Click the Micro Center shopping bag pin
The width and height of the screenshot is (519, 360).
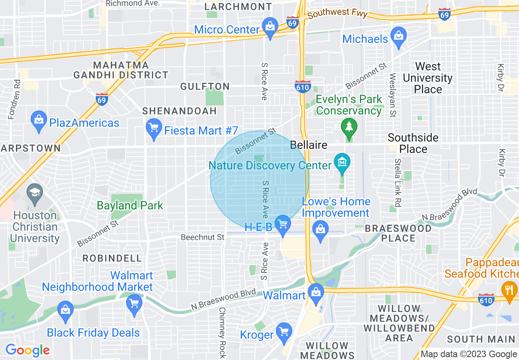tap(270, 27)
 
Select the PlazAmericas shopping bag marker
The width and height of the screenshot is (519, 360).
tap(39, 120)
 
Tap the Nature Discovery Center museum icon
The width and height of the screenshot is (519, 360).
tap(342, 162)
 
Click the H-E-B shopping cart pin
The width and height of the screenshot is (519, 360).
tap(283, 224)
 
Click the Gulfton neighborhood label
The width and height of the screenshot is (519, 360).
tap(205, 86)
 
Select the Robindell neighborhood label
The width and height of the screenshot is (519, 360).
tap(112, 258)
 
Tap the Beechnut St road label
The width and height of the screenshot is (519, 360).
tap(203, 237)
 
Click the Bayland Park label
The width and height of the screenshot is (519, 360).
tap(130, 205)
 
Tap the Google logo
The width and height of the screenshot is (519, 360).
tap(27, 350)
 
